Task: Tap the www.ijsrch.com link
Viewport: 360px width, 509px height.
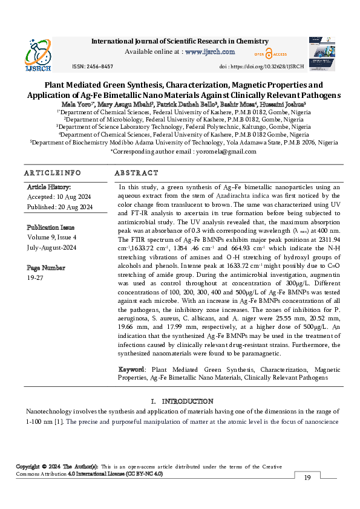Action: (x=209, y=52)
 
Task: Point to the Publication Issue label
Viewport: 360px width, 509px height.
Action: (x=51, y=228)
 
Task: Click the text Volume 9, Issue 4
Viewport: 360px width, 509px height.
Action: (x=52, y=238)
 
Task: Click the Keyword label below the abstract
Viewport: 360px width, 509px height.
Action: (x=132, y=369)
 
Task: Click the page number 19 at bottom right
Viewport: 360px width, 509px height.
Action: (x=307, y=478)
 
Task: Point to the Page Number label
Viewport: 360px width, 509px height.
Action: (x=45, y=267)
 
